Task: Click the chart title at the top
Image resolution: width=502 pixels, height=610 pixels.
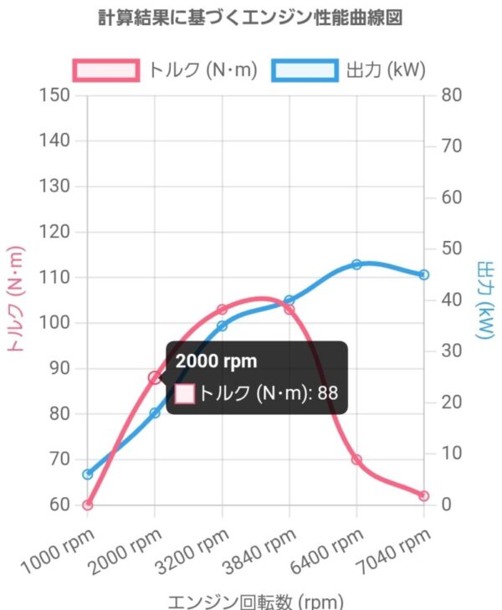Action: [251, 18]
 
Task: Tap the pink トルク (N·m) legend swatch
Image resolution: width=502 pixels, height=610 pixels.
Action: [106, 69]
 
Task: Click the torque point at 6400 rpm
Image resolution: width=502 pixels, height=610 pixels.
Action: [356, 459]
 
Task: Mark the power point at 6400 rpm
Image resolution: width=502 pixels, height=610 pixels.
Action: [356, 264]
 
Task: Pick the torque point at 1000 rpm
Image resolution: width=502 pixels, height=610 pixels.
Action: [88, 505]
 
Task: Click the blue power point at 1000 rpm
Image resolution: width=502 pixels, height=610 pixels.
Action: [88, 474]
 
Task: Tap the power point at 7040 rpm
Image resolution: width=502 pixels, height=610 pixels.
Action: [424, 274]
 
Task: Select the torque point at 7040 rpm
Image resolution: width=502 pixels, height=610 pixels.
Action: [424, 495]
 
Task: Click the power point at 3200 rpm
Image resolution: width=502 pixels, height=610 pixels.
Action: [223, 326]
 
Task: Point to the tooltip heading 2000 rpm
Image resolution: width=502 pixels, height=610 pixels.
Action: [216, 361]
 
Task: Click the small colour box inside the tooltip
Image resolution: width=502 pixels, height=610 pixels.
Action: [185, 393]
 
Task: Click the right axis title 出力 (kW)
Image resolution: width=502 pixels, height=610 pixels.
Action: [484, 301]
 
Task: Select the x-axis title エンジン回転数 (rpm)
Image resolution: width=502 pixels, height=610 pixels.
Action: [256, 602]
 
